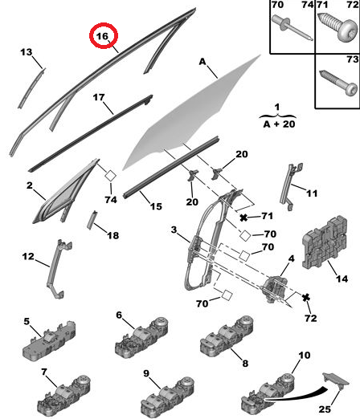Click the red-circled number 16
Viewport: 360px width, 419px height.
pos(102,37)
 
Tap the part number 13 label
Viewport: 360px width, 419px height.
pos(26,53)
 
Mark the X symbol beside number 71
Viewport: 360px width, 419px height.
pos(242,218)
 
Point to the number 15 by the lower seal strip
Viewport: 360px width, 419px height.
pos(156,205)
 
